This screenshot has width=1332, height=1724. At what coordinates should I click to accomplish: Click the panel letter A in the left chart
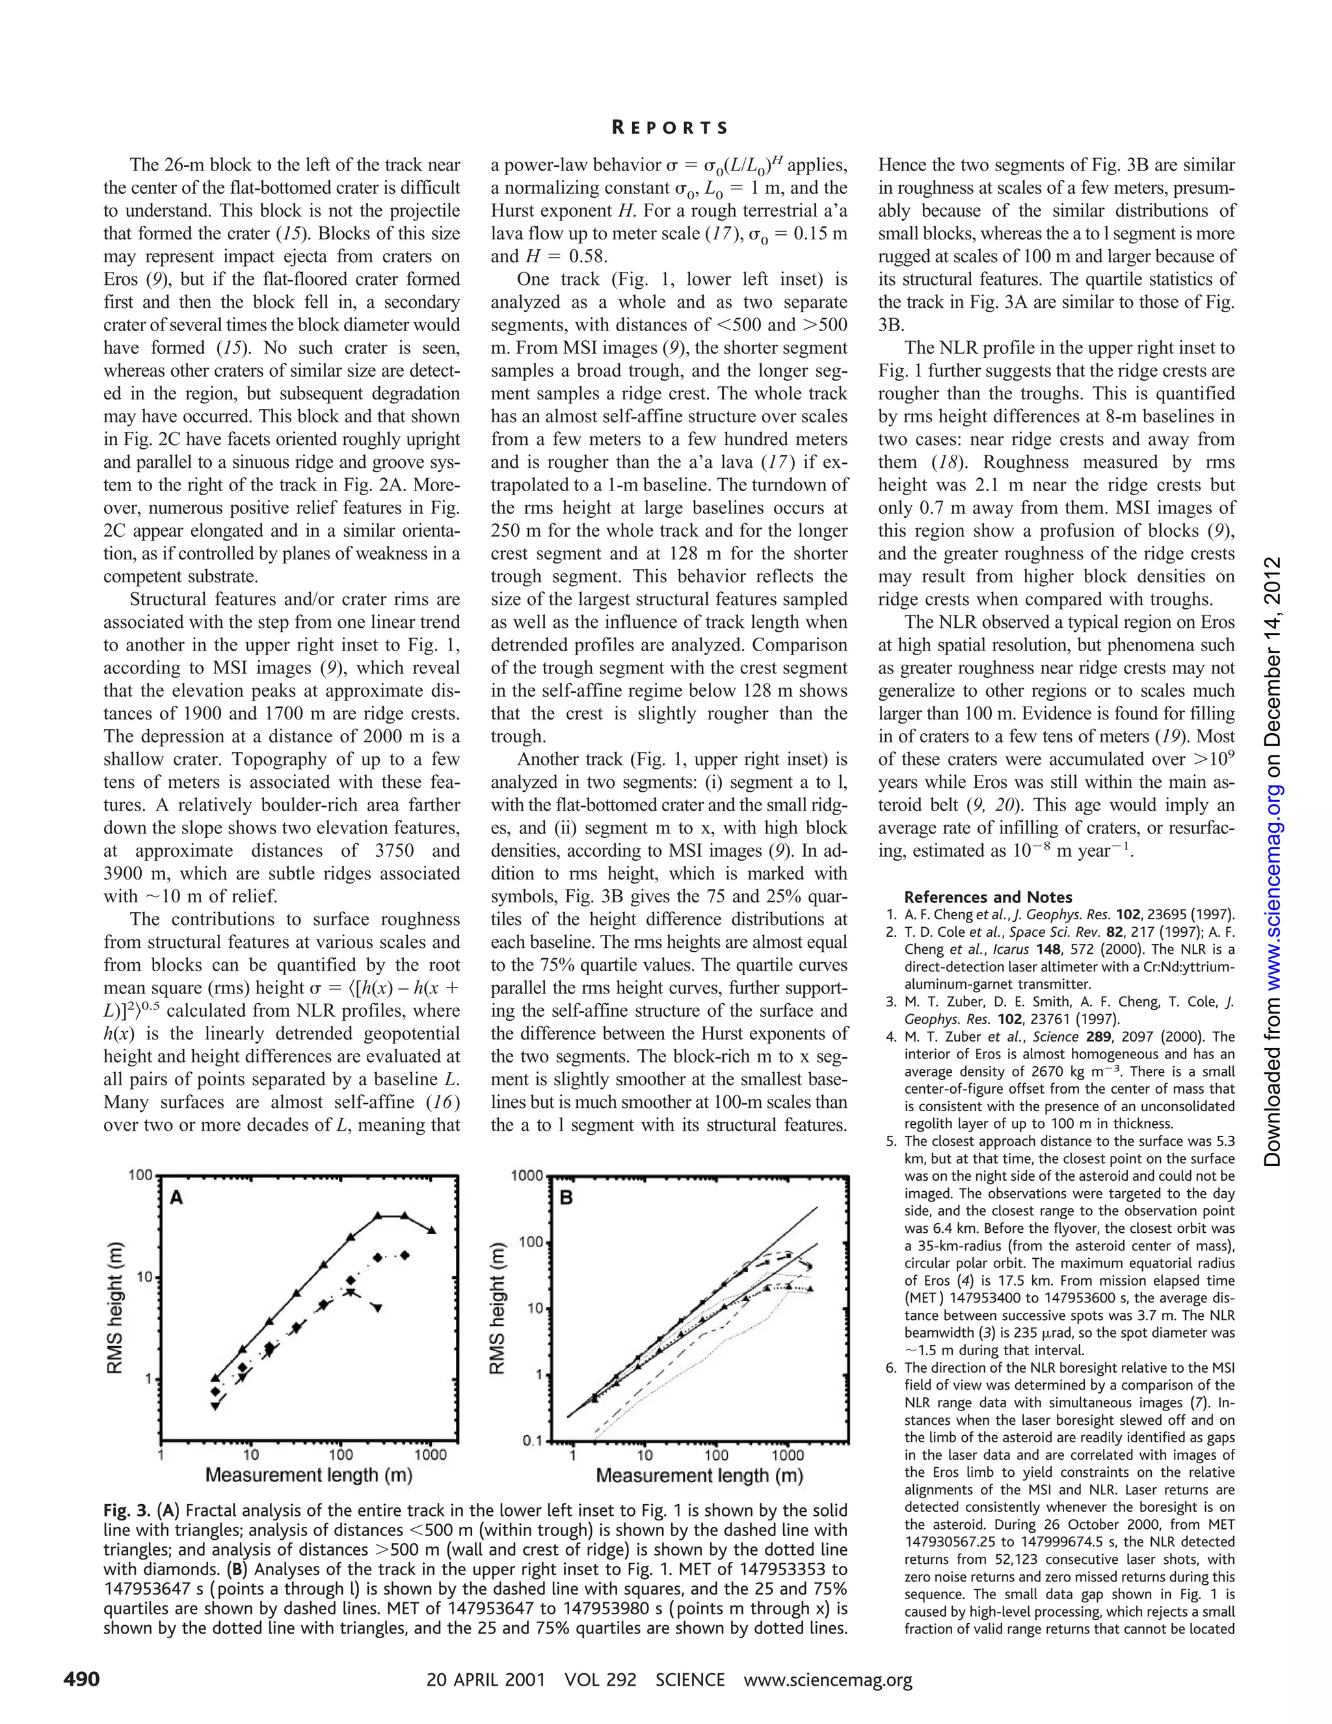coord(177,1198)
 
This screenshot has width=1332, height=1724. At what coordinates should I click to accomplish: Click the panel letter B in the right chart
coord(566,1198)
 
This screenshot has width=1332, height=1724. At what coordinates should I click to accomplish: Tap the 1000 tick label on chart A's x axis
coord(430,1455)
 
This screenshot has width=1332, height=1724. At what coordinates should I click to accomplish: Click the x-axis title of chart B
coord(699,1475)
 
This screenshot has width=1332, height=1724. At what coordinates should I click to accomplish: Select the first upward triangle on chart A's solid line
coord(215,1377)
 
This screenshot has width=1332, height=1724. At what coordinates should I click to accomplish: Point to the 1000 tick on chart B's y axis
coord(527,1176)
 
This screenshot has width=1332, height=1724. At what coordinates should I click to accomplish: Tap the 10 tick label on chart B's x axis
coord(644,1455)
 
